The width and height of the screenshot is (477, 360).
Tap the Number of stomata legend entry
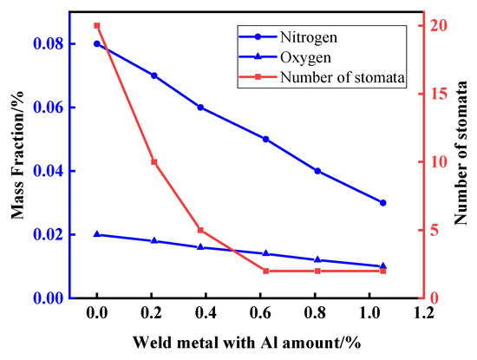tap(343, 77)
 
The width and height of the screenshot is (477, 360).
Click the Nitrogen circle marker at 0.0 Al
tap(97, 43)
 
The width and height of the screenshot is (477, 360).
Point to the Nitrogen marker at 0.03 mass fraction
tap(382, 202)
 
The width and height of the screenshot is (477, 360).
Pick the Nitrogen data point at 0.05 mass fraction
tap(265, 139)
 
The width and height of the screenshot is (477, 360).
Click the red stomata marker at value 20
tap(97, 26)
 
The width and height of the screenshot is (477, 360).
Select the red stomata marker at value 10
tap(154, 162)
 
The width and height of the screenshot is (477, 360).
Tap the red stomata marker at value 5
tap(200, 230)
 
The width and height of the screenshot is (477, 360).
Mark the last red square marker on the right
tap(382, 271)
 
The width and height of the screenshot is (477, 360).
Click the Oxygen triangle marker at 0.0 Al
tap(97, 234)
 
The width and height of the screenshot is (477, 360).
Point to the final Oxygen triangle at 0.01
tap(382, 266)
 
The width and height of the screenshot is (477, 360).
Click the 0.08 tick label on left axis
tap(63, 43)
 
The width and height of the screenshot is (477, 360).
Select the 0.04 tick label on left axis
tap(63, 171)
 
